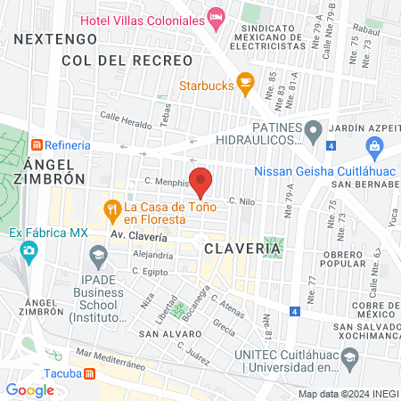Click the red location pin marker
(200, 180)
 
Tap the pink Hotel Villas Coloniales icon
(216, 16)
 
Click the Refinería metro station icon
(37, 145)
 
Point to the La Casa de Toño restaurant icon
(112, 210)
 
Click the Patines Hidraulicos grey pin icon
(313, 132)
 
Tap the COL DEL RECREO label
(127, 60)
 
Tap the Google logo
(29, 389)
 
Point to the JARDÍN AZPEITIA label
(369, 127)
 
